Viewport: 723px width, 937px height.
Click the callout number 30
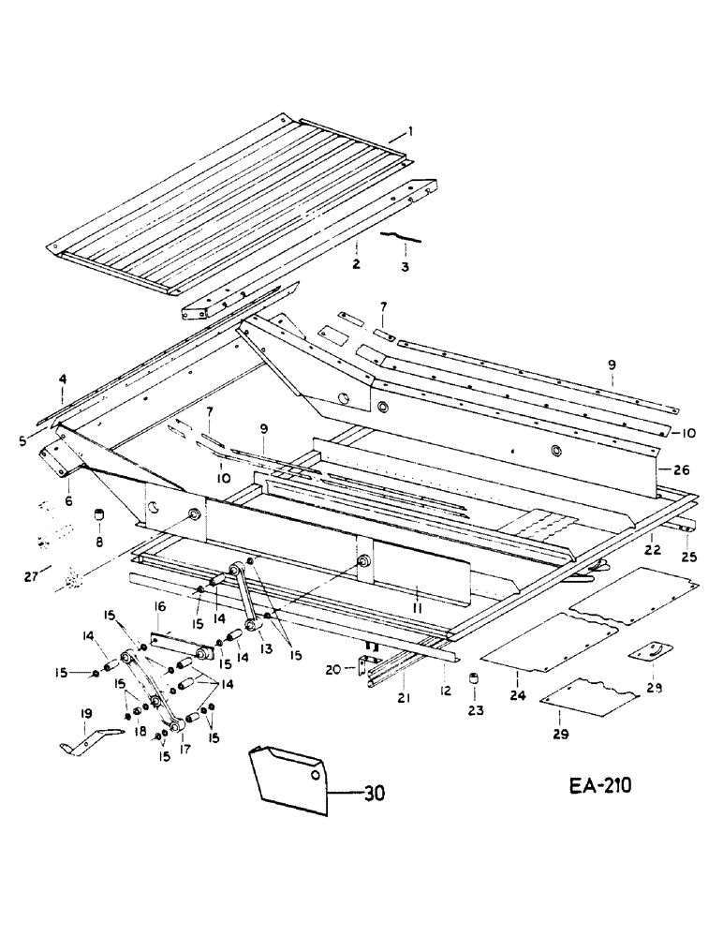(x=375, y=796)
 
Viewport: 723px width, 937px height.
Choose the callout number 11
(x=418, y=608)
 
